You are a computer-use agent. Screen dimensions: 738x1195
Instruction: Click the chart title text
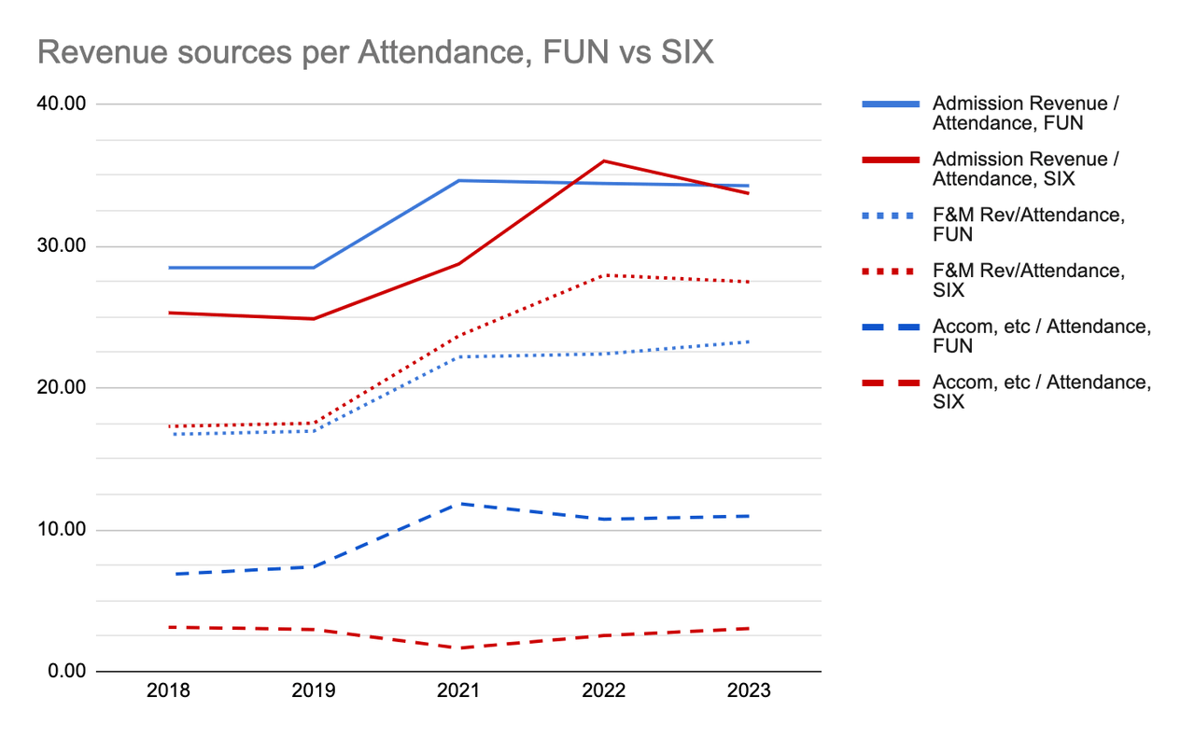tap(375, 53)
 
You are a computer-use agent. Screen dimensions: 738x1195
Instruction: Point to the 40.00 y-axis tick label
tap(62, 104)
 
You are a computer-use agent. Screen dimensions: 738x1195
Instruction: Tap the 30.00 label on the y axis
tap(62, 246)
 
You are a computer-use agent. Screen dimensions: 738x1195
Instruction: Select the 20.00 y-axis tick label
tap(62, 388)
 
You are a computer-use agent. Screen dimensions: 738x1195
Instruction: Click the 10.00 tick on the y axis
tap(62, 530)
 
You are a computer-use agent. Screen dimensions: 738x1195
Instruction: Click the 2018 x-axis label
tap(169, 692)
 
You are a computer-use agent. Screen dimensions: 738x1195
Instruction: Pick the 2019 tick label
tap(314, 692)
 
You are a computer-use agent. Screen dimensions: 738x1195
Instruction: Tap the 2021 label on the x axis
tap(458, 692)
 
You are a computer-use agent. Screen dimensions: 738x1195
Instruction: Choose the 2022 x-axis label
tap(604, 692)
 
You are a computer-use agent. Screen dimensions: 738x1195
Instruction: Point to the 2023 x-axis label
tap(749, 692)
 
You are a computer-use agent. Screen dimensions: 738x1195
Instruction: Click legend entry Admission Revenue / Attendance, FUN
tap(1025, 113)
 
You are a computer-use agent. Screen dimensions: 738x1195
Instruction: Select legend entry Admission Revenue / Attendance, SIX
tap(1025, 169)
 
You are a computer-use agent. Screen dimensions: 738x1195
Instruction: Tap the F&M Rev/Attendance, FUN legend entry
tap(1028, 225)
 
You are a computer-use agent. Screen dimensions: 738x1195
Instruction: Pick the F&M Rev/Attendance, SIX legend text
tap(1028, 281)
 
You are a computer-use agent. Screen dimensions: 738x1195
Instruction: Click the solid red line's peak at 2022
tap(604, 160)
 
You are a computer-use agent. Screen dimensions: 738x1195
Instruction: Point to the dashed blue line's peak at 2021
tap(458, 504)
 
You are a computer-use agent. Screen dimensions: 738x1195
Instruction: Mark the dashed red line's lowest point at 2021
tap(458, 647)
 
